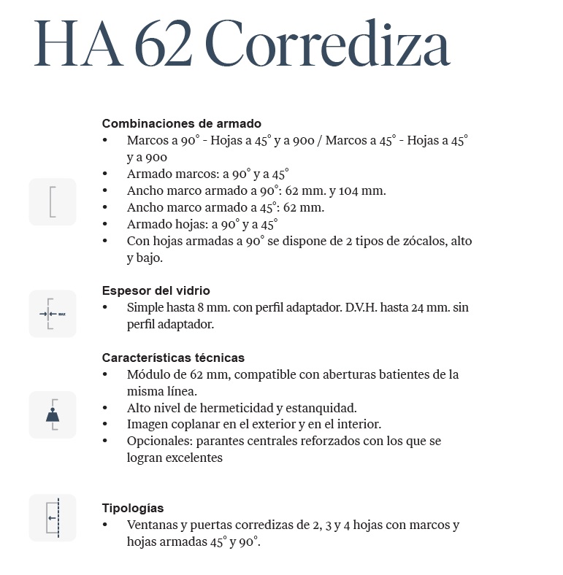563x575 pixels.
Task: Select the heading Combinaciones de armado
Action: pyautogui.click(x=181, y=123)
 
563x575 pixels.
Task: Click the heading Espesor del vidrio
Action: pyautogui.click(x=156, y=290)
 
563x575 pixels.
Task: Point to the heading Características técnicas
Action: pyautogui.click(x=173, y=358)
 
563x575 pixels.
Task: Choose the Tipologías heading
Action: pyautogui.click(x=133, y=508)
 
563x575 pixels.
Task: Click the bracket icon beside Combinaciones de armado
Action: pyautogui.click(x=53, y=201)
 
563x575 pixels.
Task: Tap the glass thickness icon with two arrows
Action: pyautogui.click(x=53, y=314)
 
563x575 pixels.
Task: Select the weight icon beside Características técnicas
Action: pyautogui.click(x=53, y=414)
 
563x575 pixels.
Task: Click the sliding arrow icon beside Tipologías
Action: pyautogui.click(x=53, y=518)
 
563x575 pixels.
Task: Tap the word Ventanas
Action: pyautogui.click(x=151, y=525)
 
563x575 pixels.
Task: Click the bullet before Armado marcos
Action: pyautogui.click(x=105, y=174)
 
